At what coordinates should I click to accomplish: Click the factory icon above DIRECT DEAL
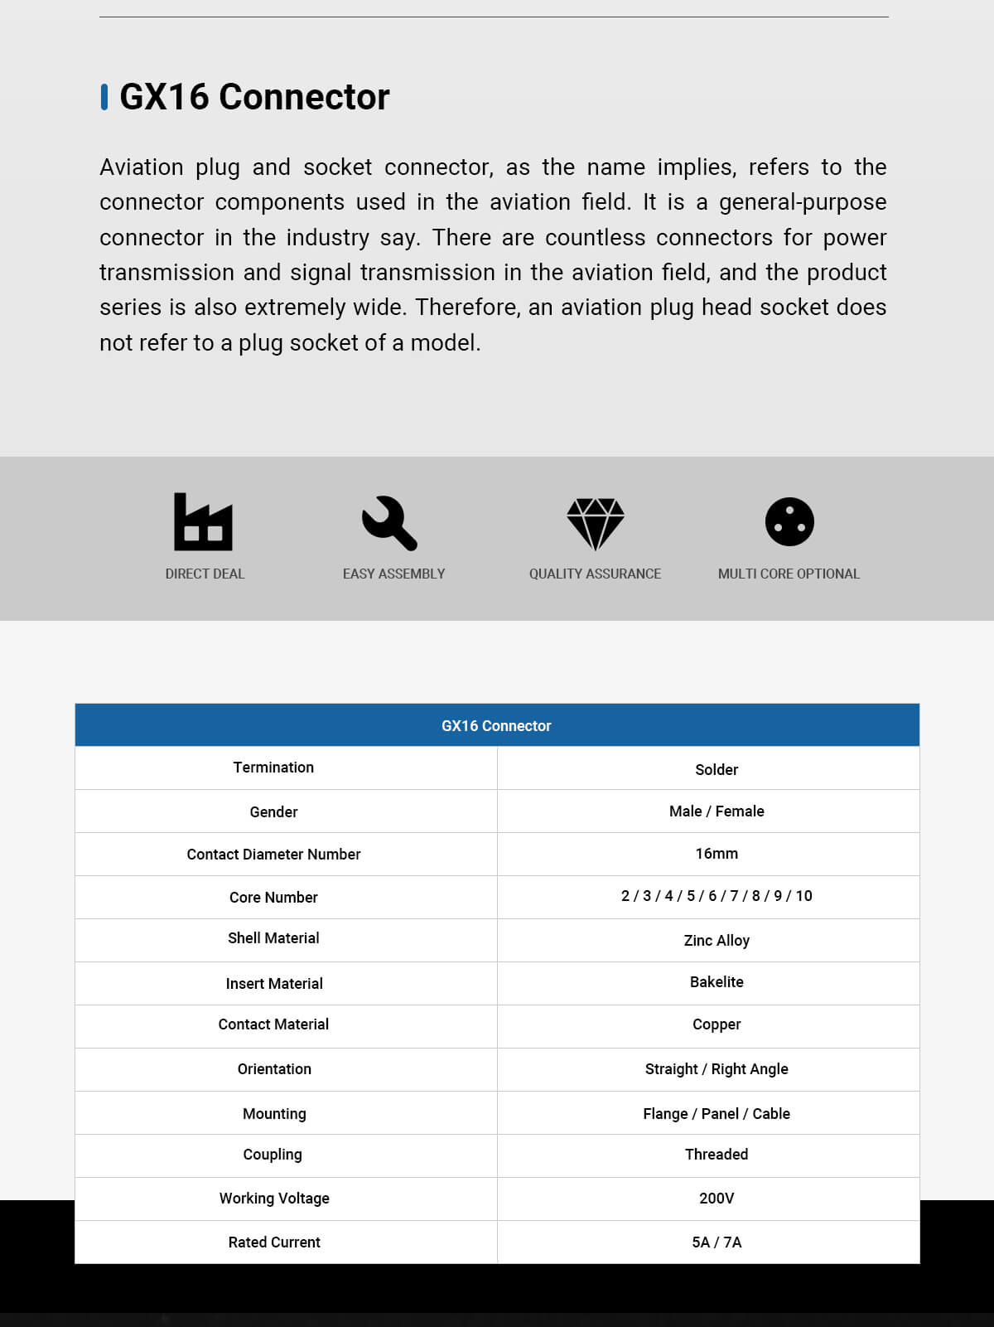click(x=203, y=522)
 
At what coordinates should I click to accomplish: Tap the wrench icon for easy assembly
click(x=389, y=523)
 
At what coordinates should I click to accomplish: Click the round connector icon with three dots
click(x=789, y=522)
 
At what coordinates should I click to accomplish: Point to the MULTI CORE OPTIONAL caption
click(x=789, y=574)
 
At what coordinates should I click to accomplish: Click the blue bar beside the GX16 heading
click(x=104, y=97)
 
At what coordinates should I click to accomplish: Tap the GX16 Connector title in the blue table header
click(x=496, y=726)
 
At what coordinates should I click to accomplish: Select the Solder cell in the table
click(x=717, y=769)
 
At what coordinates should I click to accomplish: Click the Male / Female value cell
click(x=717, y=811)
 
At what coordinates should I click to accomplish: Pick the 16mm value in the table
click(x=717, y=854)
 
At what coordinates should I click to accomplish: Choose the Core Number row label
click(x=273, y=898)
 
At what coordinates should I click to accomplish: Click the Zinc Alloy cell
click(x=717, y=940)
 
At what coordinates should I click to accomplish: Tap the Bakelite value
click(x=717, y=982)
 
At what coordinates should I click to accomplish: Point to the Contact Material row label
click(x=273, y=1024)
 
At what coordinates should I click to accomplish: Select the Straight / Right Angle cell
click(x=717, y=1069)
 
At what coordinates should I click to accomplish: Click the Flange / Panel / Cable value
click(x=717, y=1114)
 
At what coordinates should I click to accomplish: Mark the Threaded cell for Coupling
click(x=717, y=1155)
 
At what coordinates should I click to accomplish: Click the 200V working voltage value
click(x=717, y=1199)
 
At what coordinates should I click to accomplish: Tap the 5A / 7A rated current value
click(x=717, y=1242)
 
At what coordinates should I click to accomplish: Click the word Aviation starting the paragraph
click(x=141, y=167)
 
